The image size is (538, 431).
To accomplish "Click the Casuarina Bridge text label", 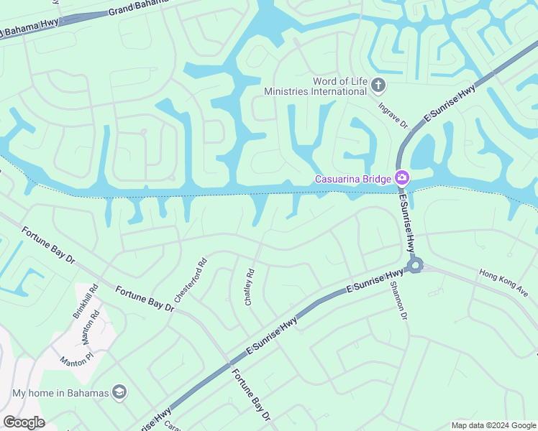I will click(352, 179).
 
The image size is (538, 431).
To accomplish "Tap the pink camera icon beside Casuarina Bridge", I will click(401, 178).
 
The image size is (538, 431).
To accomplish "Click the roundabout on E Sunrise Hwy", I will click(414, 267).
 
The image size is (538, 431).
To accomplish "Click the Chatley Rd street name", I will click(250, 287).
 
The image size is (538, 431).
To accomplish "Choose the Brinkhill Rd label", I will click(85, 304).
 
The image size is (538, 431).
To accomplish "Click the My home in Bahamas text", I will click(60, 393).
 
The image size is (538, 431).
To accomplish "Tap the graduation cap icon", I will click(119, 393).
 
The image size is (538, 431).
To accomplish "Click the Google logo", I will click(24, 422).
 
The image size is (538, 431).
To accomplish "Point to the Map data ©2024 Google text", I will click(493, 425).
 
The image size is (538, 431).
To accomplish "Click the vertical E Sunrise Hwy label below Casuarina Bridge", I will click(408, 223).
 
